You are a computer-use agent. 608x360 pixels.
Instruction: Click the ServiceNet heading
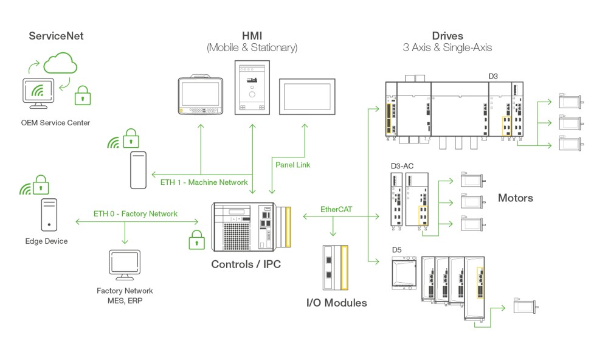(x=57, y=36)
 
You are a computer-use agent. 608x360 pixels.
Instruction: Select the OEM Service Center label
(x=55, y=123)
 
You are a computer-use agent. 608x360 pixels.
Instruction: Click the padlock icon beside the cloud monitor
(x=83, y=95)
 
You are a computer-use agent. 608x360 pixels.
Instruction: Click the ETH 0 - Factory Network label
(x=136, y=213)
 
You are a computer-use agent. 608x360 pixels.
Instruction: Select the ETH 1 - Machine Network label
(x=204, y=182)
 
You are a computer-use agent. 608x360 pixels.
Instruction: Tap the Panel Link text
(x=293, y=165)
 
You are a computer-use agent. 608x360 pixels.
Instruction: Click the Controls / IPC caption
(x=246, y=265)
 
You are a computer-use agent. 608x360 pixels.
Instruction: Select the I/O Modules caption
(x=336, y=302)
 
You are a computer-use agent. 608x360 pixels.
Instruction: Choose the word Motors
(x=516, y=198)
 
